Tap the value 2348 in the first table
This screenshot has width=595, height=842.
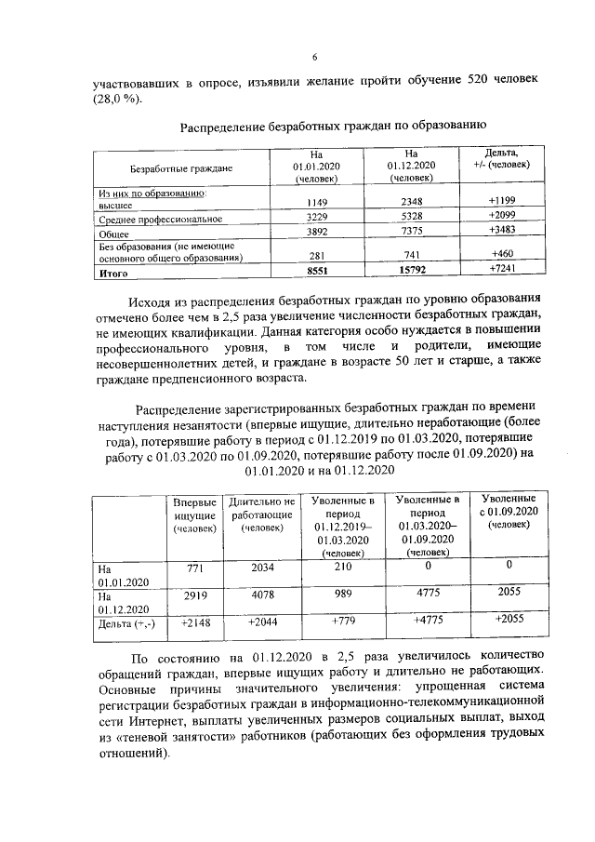point(411,202)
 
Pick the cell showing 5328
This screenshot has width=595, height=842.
point(411,218)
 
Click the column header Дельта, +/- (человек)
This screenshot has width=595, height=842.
point(502,157)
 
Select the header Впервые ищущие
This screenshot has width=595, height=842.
point(194,515)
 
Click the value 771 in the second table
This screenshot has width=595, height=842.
point(194,566)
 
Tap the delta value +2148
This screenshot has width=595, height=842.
point(195,621)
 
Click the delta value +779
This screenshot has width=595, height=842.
point(343,621)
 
